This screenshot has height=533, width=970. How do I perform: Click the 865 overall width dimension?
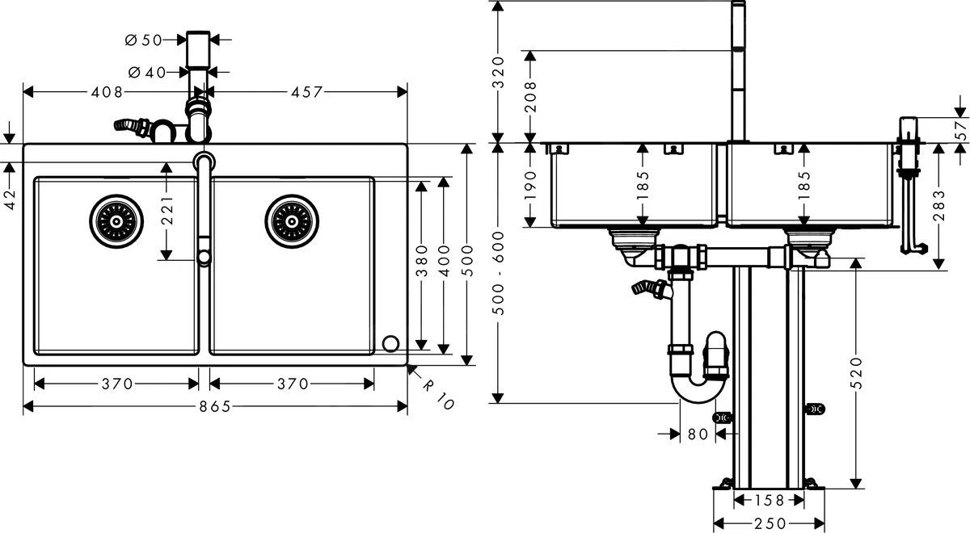point(213,407)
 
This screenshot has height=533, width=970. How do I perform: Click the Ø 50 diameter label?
point(146,39)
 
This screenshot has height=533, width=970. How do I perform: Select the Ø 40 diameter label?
point(146,73)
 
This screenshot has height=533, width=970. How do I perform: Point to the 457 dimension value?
point(307,92)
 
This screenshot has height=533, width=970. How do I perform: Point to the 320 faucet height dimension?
point(498,72)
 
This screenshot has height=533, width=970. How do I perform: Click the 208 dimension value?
point(531,97)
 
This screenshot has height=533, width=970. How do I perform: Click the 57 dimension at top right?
point(960,130)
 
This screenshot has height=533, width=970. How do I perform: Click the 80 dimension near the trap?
point(698,434)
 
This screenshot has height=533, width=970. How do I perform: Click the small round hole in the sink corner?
point(391,343)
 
